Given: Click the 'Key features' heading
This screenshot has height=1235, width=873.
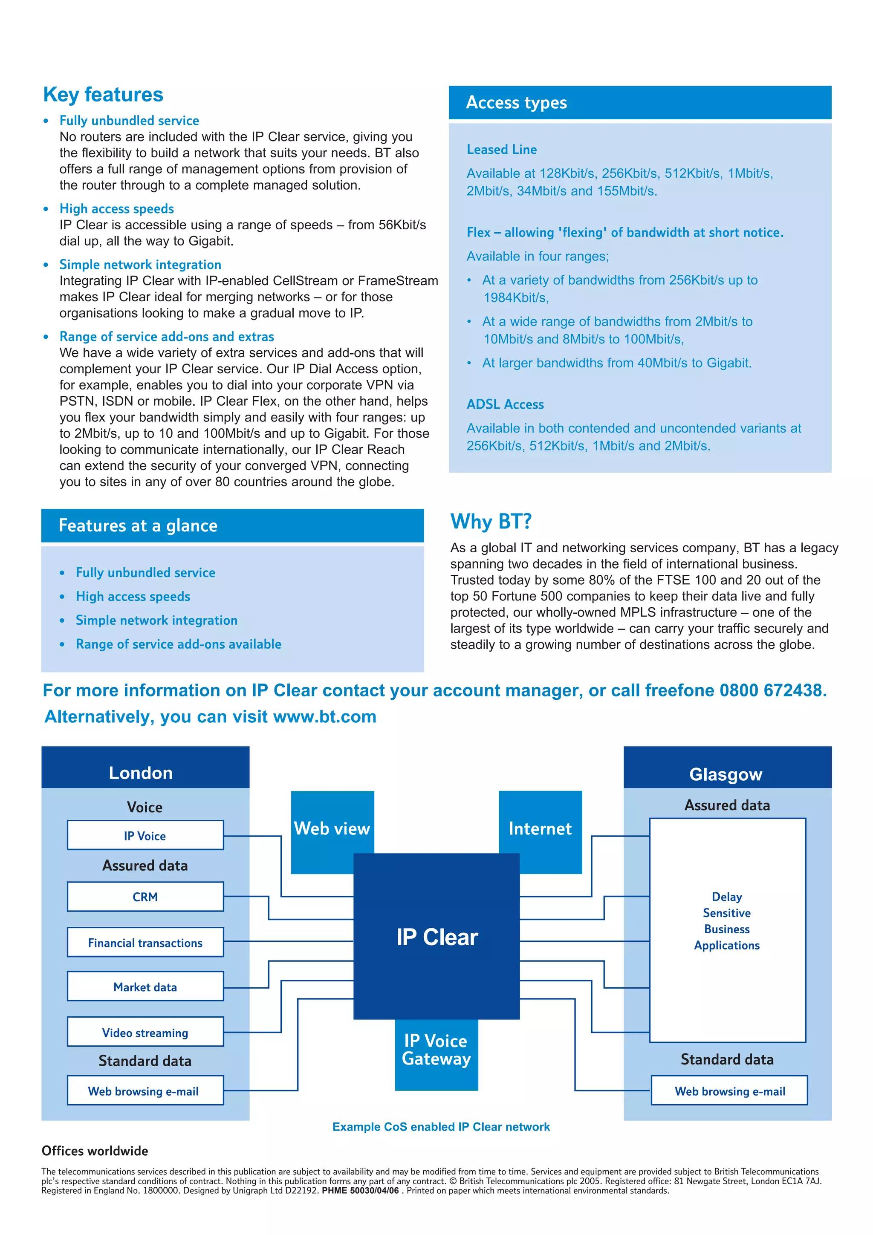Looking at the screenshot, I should click(103, 95).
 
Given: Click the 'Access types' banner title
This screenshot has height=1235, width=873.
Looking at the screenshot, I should click(516, 102).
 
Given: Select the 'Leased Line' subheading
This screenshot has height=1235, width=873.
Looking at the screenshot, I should click(501, 150).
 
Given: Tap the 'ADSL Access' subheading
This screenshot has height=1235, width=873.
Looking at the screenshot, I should click(505, 404).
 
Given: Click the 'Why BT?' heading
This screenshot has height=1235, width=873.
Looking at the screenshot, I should click(491, 522).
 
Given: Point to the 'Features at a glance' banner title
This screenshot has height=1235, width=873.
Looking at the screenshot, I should click(138, 525).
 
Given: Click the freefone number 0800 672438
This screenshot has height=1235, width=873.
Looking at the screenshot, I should click(772, 690).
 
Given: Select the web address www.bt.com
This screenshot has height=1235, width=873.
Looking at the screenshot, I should click(324, 716).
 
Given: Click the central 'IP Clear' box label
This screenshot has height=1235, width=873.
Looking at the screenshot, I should click(437, 937).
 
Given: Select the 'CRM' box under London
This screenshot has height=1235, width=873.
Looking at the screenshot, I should click(145, 897).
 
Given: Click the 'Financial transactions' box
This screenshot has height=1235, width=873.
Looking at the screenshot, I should click(145, 942).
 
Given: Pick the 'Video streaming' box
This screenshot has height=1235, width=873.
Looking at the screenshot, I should click(145, 1032).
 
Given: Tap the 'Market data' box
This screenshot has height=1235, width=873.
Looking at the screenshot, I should click(145, 987).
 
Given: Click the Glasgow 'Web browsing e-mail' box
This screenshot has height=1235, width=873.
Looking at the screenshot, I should click(729, 1091).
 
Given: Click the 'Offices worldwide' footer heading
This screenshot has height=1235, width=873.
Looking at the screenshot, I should click(95, 1151).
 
